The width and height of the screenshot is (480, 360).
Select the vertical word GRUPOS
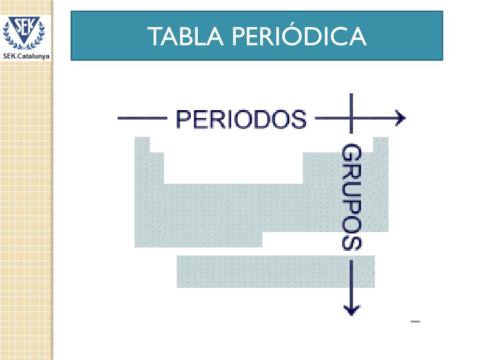point(352,197)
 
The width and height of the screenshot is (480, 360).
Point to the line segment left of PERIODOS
point(142,119)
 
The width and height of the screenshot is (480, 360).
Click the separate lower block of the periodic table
point(276,271)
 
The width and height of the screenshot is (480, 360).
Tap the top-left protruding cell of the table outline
point(142,144)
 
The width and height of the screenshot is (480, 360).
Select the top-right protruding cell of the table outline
point(381,144)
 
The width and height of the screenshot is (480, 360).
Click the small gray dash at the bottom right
point(415,322)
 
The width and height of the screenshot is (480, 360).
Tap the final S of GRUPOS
point(352,242)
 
